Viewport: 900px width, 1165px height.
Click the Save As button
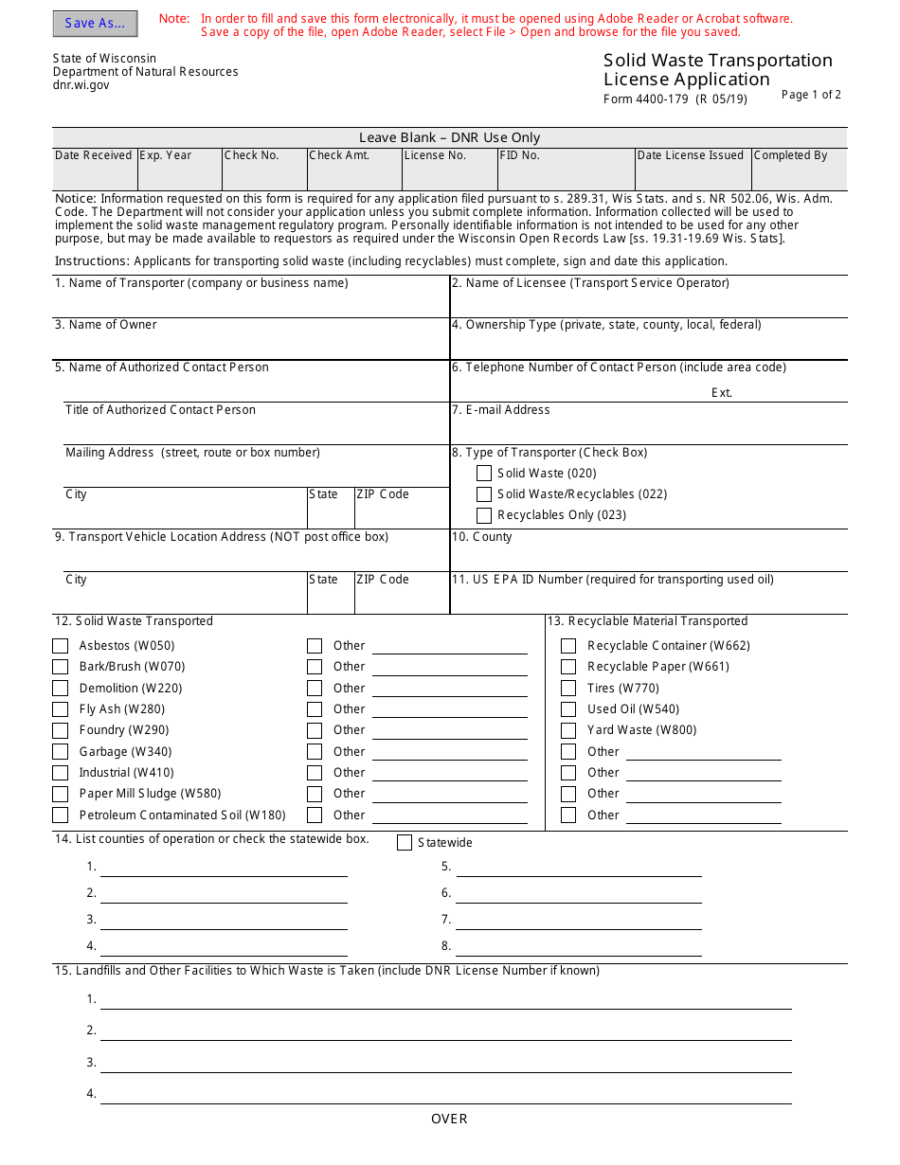coord(95,24)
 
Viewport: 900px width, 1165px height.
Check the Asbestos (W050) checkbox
coord(61,646)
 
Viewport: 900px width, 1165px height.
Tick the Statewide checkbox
coord(405,843)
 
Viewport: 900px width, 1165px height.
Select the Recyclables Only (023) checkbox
coord(484,515)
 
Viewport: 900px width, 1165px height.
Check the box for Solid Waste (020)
coord(484,474)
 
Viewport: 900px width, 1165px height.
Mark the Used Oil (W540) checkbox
coord(568,709)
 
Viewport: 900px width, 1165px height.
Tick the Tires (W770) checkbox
coord(568,689)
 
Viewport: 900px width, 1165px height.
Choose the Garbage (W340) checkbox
coord(61,752)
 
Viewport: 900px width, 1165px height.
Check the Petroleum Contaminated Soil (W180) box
coord(61,815)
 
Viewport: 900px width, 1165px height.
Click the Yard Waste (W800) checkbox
coord(568,730)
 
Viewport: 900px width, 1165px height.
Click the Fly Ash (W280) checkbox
coord(61,709)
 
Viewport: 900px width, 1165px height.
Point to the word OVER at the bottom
coord(449,1119)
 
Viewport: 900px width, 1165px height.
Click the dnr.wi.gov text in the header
coord(81,85)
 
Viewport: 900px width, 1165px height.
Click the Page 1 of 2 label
coord(811,95)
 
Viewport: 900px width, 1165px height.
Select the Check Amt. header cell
coord(339,155)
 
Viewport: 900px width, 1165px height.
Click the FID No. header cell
coord(520,155)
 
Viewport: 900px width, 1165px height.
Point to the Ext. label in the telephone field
coord(722,393)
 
